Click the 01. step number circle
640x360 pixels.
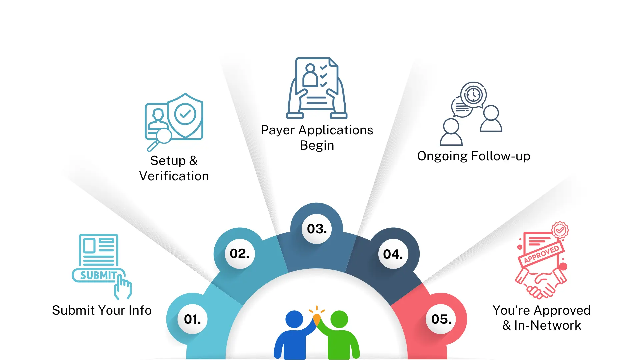click(x=193, y=319)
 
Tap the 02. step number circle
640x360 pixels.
click(x=240, y=254)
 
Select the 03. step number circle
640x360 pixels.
click(x=317, y=229)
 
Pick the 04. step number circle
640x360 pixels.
click(x=393, y=254)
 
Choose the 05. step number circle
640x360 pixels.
click(x=441, y=319)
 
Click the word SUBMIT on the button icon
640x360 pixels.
click(x=98, y=275)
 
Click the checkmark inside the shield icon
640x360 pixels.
click(x=185, y=114)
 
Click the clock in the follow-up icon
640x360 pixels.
click(x=473, y=95)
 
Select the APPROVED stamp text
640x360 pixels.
click(x=541, y=255)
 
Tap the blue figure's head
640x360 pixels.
click(x=294, y=319)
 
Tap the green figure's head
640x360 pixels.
click(x=339, y=319)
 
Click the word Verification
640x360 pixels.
click(x=174, y=176)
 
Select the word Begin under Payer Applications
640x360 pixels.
click(x=317, y=145)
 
